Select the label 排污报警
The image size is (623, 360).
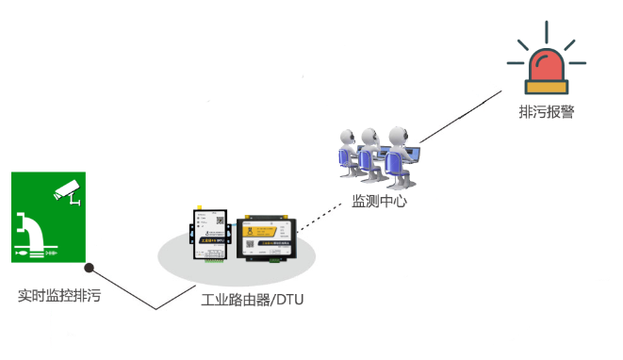coord(546,111)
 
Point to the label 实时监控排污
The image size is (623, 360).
coord(59,295)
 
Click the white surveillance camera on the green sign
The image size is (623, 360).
coord(67,189)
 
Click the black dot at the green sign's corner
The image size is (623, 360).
coord(89,265)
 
